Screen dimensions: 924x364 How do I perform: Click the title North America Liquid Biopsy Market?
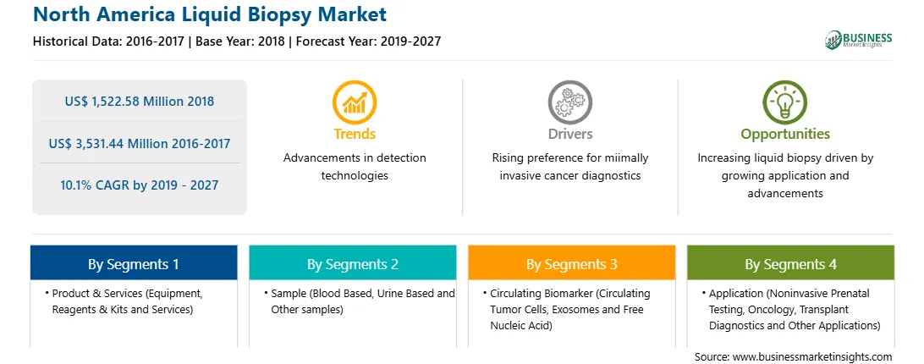pyautogui.click(x=211, y=14)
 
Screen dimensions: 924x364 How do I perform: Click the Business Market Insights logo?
pyautogui.click(x=859, y=40)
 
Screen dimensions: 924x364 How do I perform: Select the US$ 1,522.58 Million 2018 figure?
pyautogui.click(x=140, y=101)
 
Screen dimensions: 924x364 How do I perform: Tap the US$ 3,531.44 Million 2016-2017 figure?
pyautogui.click(x=140, y=143)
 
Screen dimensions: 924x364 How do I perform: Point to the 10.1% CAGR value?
pyautogui.click(x=139, y=185)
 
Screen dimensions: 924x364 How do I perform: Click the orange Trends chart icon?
pyautogui.click(x=355, y=102)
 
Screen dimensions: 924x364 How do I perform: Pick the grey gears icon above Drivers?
pyautogui.click(x=569, y=102)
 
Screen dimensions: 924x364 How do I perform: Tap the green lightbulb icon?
pyautogui.click(x=785, y=102)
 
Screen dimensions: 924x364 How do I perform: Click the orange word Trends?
pyautogui.click(x=355, y=134)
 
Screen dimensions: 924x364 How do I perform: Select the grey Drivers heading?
pyautogui.click(x=569, y=134)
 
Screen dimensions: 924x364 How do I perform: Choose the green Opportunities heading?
pyautogui.click(x=785, y=135)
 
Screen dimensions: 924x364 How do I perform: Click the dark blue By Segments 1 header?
pyautogui.click(x=134, y=263)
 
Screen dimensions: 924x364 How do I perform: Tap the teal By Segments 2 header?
pyautogui.click(x=352, y=263)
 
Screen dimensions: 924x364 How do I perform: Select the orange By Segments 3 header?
pyautogui.click(x=572, y=263)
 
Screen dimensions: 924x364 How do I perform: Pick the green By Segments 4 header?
pyautogui.click(x=791, y=263)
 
